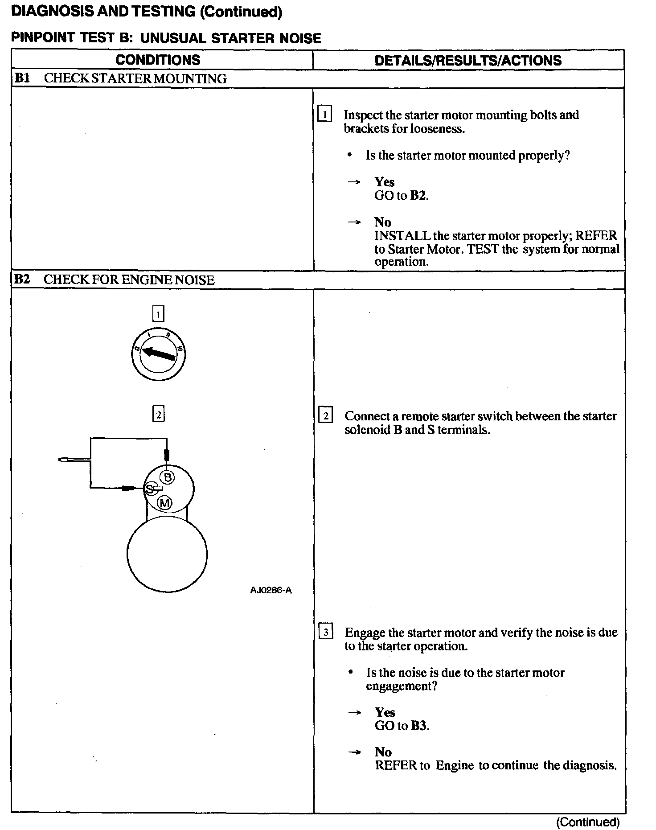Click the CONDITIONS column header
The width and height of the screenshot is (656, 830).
[x=158, y=60]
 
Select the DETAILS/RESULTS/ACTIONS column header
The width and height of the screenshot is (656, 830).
[x=468, y=61]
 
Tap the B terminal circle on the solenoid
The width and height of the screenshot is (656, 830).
[x=168, y=477]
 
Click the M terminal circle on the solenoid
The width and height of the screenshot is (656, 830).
[x=165, y=503]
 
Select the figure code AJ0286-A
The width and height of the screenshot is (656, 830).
[x=271, y=591]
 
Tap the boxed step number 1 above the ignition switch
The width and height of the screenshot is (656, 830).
[x=158, y=314]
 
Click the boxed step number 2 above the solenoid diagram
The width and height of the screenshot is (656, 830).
[x=158, y=415]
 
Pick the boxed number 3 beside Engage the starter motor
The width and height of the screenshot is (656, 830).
[x=326, y=633]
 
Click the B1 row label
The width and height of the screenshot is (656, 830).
[x=22, y=78]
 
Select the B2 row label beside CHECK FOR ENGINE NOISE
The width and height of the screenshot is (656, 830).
[x=22, y=279]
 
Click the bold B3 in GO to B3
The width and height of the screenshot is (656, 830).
[x=418, y=726]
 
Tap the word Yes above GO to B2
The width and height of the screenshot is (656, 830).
[x=384, y=182]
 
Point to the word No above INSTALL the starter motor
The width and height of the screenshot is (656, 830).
[x=382, y=222]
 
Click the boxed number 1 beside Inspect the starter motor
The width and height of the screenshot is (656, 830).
[x=324, y=115]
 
